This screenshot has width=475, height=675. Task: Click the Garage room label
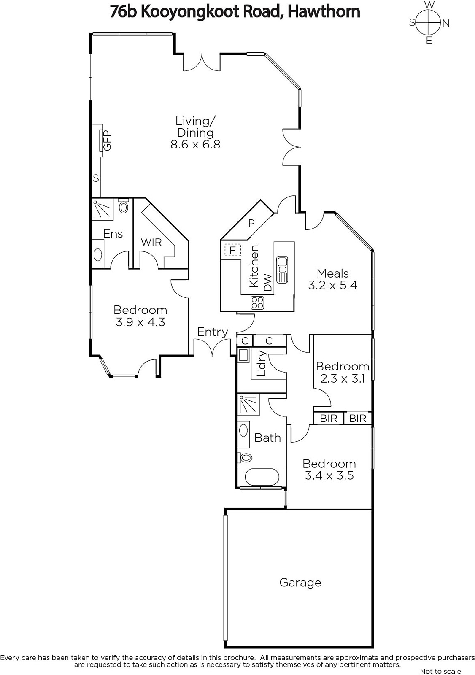(x=300, y=583)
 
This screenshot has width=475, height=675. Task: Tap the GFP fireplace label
(x=107, y=140)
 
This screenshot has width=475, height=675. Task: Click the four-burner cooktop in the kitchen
(x=257, y=303)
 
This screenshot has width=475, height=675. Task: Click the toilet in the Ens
(x=123, y=206)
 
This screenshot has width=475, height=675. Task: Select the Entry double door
(x=213, y=347)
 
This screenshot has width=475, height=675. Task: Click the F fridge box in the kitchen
(x=232, y=250)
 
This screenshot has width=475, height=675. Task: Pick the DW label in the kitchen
(x=267, y=283)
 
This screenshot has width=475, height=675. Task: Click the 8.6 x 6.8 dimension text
(x=195, y=145)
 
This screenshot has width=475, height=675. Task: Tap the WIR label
(x=151, y=242)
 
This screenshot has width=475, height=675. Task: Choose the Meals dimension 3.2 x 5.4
(x=332, y=285)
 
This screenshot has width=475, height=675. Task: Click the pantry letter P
(x=251, y=223)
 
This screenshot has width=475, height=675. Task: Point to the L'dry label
(x=262, y=363)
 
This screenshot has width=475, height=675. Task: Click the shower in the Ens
(x=102, y=208)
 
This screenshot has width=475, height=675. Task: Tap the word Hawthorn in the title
(x=324, y=12)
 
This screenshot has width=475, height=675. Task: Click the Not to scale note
(x=440, y=671)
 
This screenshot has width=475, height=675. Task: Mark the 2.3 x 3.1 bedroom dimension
(x=343, y=378)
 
